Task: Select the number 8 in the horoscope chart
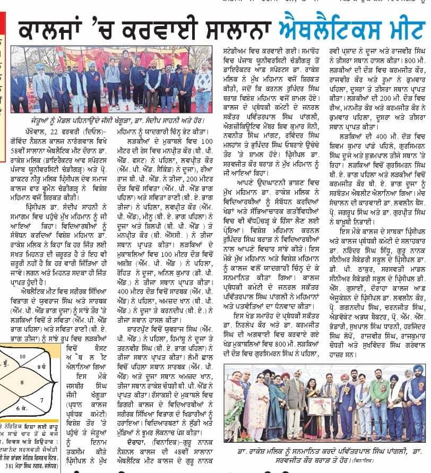pyautogui.click(x=22, y=381)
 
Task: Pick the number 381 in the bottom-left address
pyautogui.click(x=8, y=468)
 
